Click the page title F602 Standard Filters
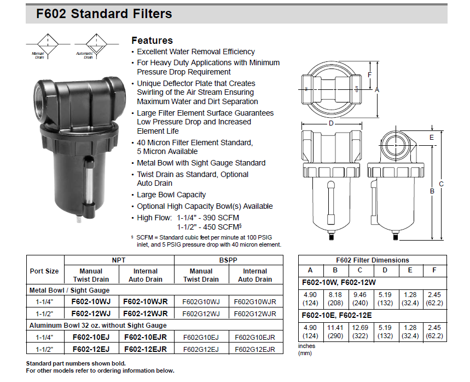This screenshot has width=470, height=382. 104,14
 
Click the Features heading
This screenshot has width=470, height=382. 152,41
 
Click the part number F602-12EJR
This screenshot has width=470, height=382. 146,349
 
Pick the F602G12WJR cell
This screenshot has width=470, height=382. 255,313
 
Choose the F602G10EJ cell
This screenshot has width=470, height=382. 201,337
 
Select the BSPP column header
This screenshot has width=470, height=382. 228,260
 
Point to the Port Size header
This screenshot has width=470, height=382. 44,271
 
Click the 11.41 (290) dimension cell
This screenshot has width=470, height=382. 335,332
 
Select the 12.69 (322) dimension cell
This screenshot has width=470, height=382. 360,332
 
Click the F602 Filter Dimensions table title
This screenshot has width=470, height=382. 372,260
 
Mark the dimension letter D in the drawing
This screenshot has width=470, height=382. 331,123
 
